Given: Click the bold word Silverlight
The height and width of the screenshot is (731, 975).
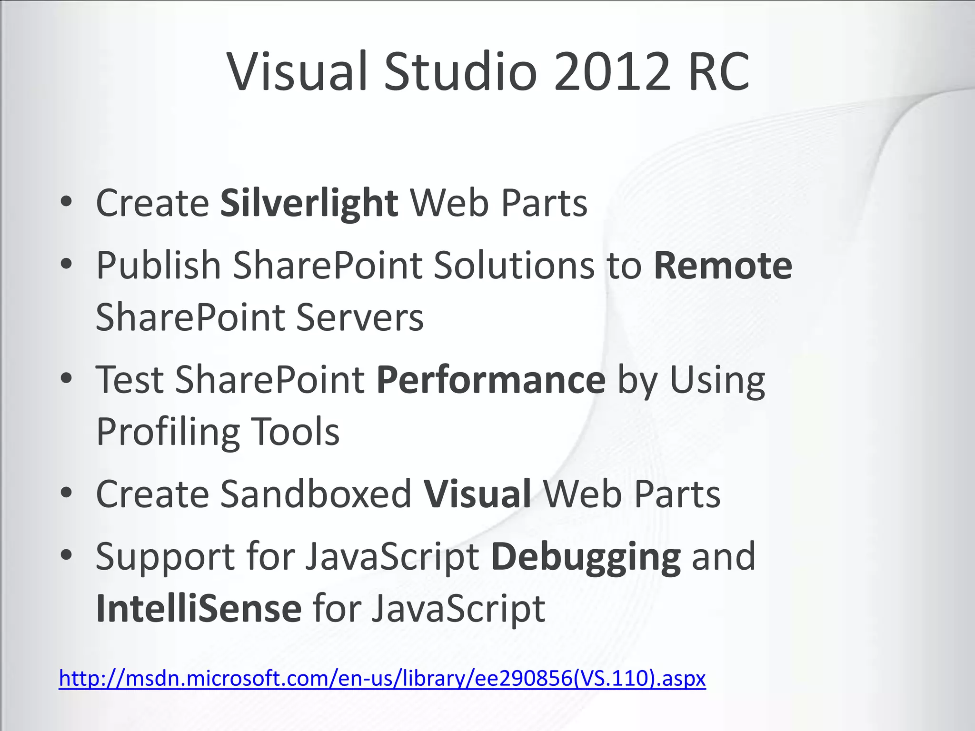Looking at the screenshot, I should coord(309,203).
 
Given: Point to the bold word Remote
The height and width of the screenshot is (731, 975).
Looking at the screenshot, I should coord(723,266).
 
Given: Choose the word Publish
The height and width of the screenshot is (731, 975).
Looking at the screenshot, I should coord(159,266).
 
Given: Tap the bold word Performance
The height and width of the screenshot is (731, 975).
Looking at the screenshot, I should coord(491,380).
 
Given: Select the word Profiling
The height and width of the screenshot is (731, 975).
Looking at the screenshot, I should coord(168,432).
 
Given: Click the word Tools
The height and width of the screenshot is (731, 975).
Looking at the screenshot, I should coord(295,431).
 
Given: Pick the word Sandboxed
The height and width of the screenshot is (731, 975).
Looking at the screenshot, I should coord(316,494).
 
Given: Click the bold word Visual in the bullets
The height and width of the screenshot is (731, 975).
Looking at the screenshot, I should coord(478,494).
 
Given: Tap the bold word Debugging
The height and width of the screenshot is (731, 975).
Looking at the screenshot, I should coord(586,557).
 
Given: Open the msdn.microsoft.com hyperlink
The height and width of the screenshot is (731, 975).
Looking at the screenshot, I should coord(382,678).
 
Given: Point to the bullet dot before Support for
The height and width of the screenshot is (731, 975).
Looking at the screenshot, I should coord(67,555).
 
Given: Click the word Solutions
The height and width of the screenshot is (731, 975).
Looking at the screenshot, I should coord(514,266).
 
